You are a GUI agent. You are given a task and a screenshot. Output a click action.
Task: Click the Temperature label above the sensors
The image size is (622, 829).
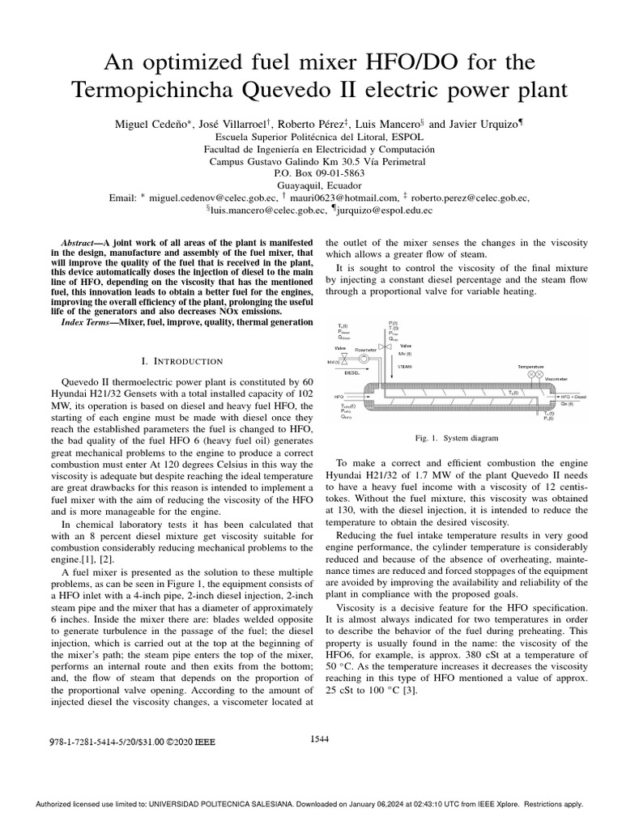click(531, 366)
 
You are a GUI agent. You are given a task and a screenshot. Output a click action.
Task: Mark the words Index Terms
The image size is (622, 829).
click(89, 323)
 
